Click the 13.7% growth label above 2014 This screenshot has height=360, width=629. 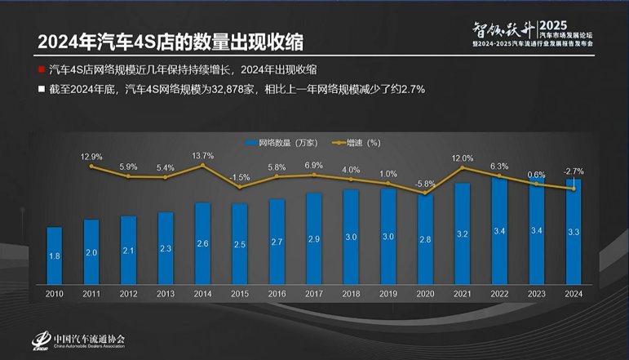202,155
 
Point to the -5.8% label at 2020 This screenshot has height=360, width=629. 425,184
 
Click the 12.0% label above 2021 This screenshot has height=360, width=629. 463,158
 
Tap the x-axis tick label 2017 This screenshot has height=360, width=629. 314,293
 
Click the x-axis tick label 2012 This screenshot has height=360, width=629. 128,293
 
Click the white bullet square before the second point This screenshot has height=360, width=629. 40,88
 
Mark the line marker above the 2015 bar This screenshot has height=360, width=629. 240,187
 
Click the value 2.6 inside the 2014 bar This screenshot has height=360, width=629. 202,242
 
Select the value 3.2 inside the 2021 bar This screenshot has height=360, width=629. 463,233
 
